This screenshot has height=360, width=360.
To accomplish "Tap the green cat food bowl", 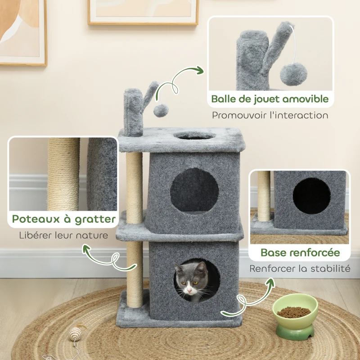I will pyautogui.click(x=295, y=322).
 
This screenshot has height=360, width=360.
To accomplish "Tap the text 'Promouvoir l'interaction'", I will pyautogui.click(x=270, y=115).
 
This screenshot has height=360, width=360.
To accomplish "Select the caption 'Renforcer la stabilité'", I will pyautogui.click(x=300, y=269).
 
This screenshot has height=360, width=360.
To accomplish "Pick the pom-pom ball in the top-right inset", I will pyautogui.click(x=293, y=74).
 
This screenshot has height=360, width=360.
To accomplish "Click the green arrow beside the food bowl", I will pyautogui.click(x=250, y=299).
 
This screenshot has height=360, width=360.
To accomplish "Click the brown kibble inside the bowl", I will pyautogui.click(x=293, y=312).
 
